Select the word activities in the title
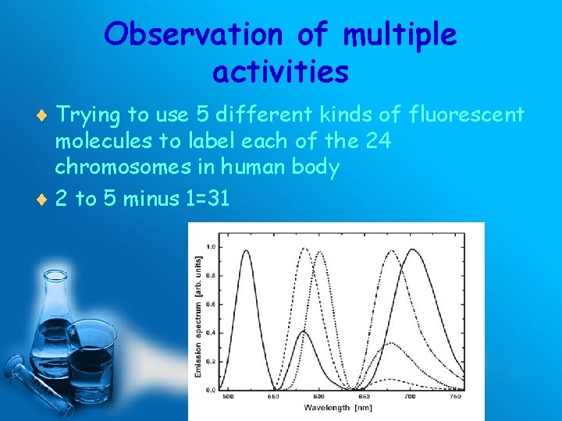(x=280, y=72)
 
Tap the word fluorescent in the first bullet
(x=466, y=115)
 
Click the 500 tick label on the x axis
(x=228, y=397)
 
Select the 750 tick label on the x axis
(x=454, y=397)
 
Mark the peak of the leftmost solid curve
(x=247, y=250)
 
